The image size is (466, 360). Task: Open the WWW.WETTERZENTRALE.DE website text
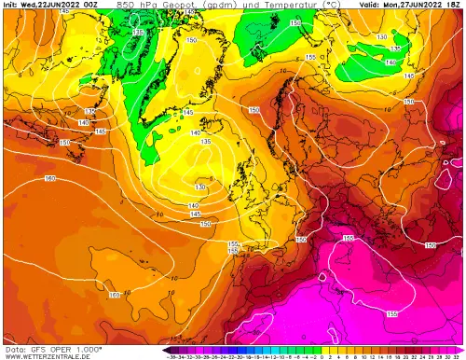[46, 354]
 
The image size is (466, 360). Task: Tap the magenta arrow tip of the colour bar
[463, 348]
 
